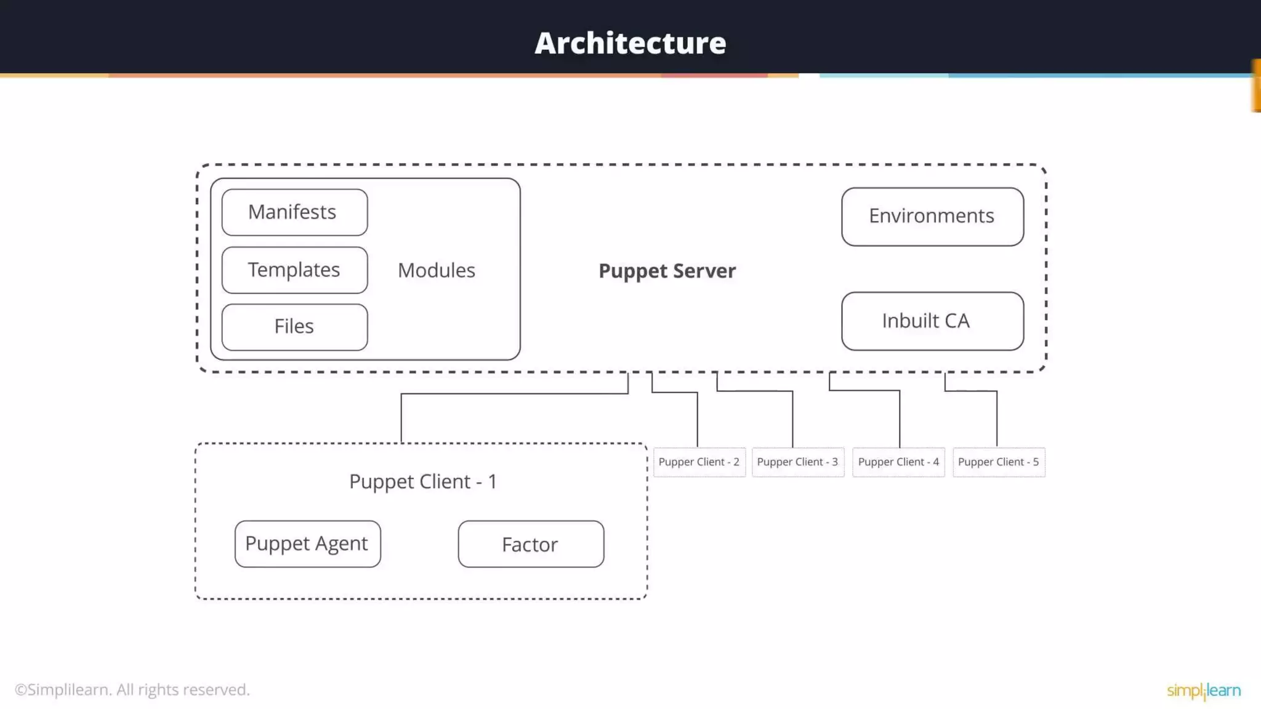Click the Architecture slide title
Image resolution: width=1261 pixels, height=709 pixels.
click(x=630, y=43)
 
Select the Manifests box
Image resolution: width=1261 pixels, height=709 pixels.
click(x=294, y=212)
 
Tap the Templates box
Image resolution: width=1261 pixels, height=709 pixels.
click(x=294, y=270)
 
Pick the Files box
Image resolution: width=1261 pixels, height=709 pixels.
click(x=294, y=327)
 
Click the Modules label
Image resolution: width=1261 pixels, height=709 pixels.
click(x=436, y=271)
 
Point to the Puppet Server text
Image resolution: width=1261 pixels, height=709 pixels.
click(x=667, y=271)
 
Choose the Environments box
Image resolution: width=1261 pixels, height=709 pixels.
click(x=932, y=217)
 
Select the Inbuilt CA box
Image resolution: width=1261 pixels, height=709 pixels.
click(x=932, y=321)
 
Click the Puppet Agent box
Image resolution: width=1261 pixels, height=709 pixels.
click(x=307, y=544)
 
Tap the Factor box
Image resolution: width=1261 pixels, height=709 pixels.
click(x=531, y=544)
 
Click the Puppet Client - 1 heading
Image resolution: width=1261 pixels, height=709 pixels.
click(x=422, y=482)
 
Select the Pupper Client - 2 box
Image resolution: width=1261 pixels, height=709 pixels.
click(x=699, y=462)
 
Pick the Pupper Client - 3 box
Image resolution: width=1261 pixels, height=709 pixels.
click(x=797, y=462)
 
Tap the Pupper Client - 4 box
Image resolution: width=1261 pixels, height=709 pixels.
click(x=898, y=462)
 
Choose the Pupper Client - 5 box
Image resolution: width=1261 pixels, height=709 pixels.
click(x=998, y=462)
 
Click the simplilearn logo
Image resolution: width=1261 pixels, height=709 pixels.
click(x=1203, y=691)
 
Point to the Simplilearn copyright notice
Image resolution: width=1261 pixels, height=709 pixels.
click(x=132, y=690)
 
